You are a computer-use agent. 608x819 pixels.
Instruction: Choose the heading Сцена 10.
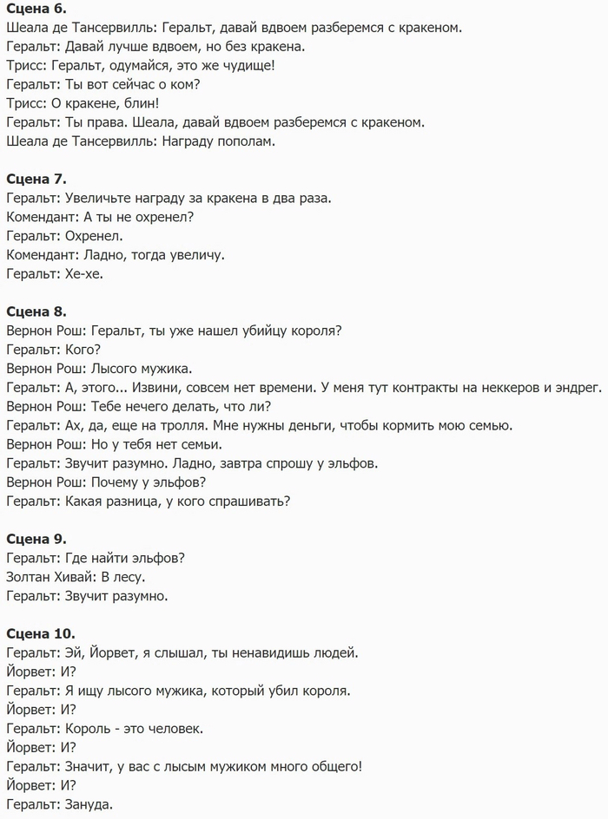click(40, 633)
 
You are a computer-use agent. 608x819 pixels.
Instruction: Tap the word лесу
click(129, 576)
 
